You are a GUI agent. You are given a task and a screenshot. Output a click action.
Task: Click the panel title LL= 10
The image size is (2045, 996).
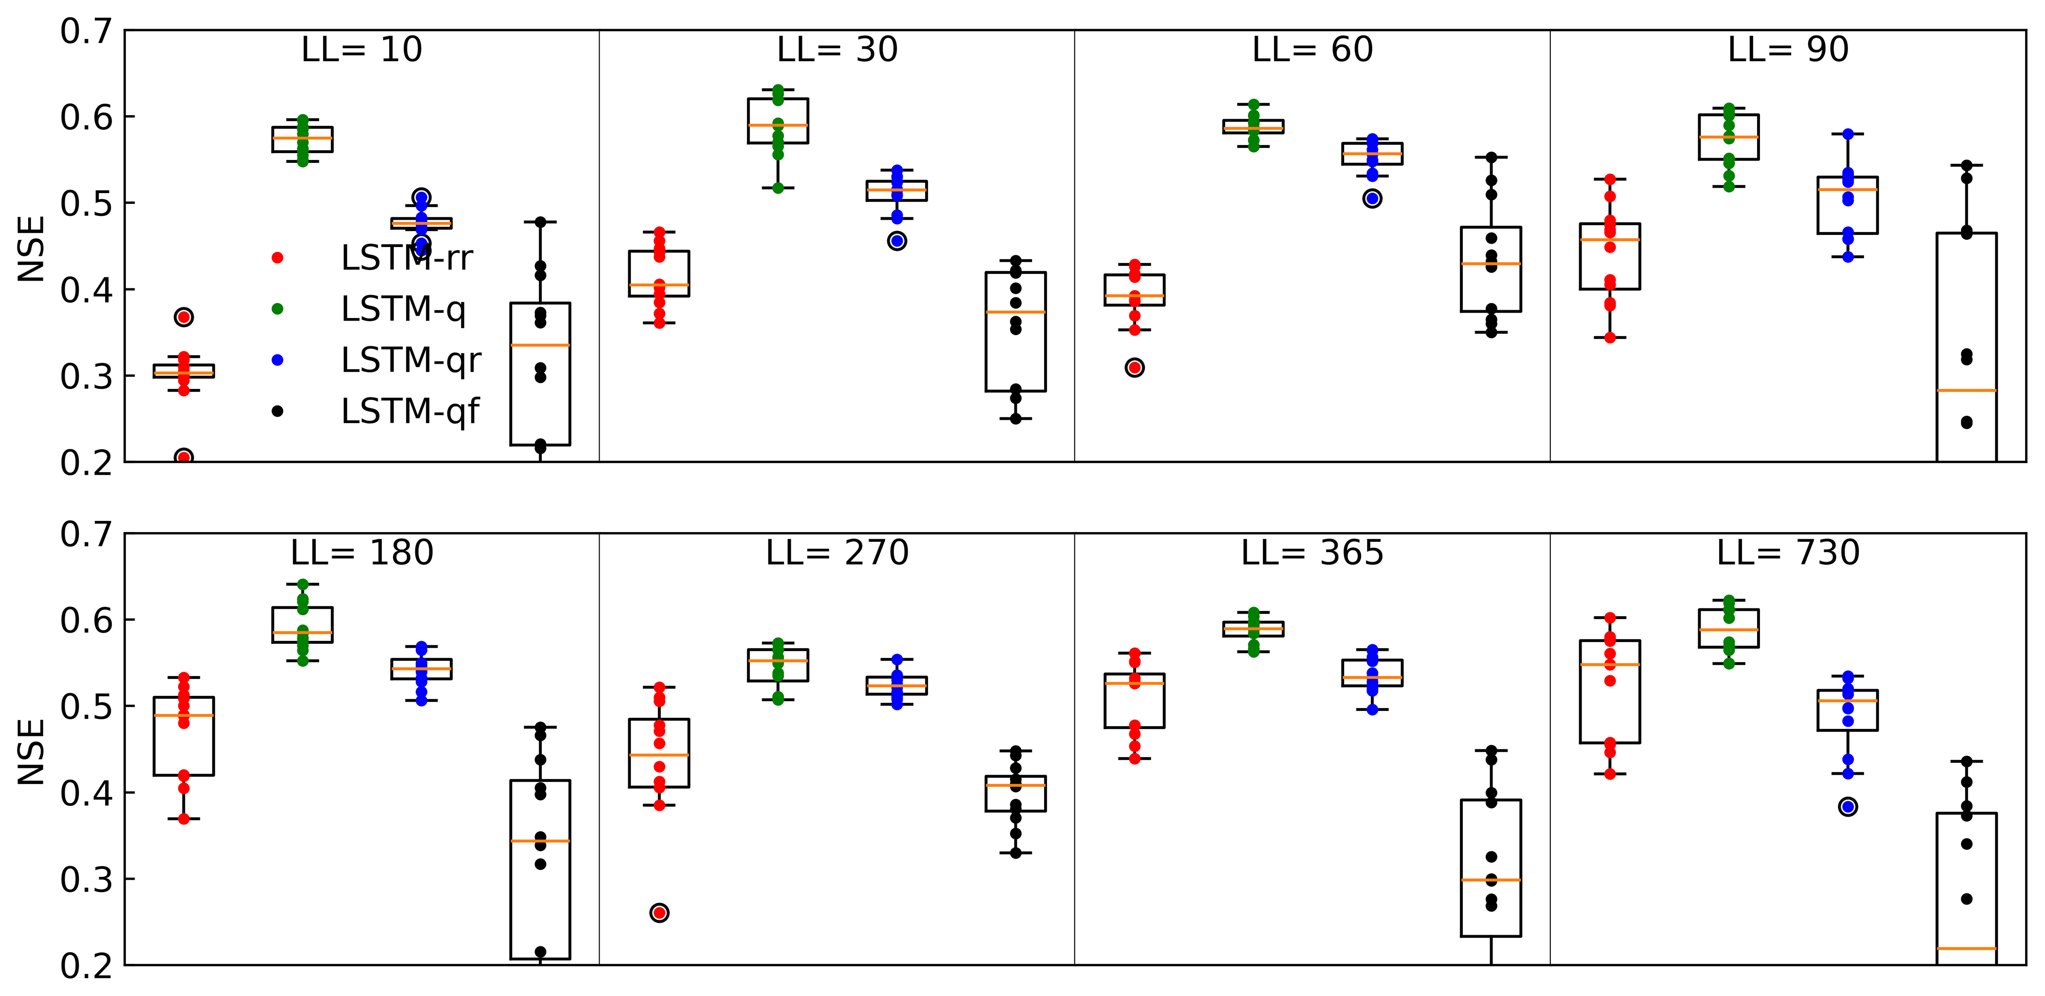(x=361, y=50)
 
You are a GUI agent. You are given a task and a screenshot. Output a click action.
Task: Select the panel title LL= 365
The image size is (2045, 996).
(x=1312, y=552)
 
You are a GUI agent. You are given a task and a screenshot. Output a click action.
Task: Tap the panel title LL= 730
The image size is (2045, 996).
(x=1788, y=552)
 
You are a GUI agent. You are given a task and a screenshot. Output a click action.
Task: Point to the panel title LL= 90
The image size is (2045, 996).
(x=1788, y=50)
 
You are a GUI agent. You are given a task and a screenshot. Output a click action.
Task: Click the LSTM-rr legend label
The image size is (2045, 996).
(x=407, y=258)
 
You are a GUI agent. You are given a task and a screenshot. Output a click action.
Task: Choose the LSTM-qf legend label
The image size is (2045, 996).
(x=409, y=411)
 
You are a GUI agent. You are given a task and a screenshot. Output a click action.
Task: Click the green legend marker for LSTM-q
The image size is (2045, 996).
(x=277, y=309)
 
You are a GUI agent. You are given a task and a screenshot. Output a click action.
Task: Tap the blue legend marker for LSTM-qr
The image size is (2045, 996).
(x=277, y=359)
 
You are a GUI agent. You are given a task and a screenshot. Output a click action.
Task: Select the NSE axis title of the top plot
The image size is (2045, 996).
(x=32, y=249)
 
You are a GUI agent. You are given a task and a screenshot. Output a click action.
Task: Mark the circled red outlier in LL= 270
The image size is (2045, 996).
(x=659, y=913)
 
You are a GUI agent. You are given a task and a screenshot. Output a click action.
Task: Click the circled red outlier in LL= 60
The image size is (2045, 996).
(x=1135, y=368)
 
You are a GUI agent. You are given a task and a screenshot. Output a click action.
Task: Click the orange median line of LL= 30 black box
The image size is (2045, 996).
(x=1015, y=312)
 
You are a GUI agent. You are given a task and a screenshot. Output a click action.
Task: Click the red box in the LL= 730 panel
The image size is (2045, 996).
(x=1610, y=691)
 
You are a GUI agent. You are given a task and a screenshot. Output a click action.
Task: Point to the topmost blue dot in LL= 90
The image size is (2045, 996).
(x=1848, y=134)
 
